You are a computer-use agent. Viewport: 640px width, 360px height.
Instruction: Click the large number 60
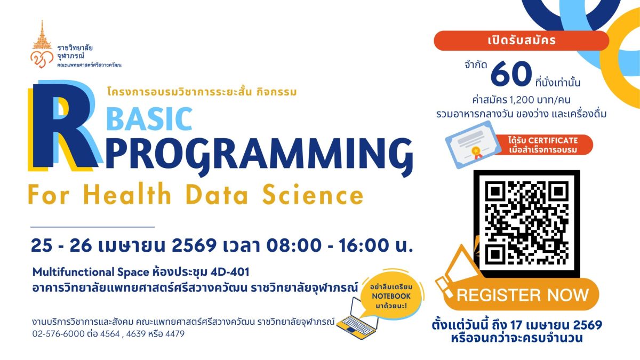(x=511, y=75)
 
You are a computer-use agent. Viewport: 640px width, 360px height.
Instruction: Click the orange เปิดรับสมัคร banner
(x=521, y=41)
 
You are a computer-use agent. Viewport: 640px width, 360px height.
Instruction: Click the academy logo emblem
(x=41, y=48)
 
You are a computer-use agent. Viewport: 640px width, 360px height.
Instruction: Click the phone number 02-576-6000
(x=56, y=334)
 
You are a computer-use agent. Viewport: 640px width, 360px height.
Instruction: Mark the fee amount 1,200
(x=514, y=99)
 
